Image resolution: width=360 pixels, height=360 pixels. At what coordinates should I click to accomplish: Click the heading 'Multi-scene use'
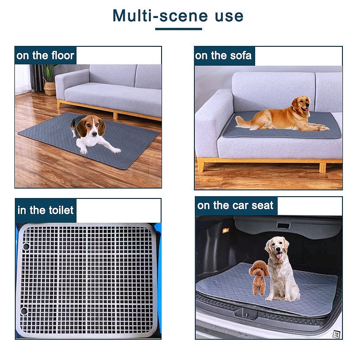click(x=178, y=15)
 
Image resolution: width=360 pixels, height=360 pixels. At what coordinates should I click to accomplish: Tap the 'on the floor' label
click(x=45, y=56)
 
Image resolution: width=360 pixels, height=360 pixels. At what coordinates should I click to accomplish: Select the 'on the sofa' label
click(x=223, y=56)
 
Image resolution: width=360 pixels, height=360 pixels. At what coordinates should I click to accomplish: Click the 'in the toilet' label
click(x=45, y=211)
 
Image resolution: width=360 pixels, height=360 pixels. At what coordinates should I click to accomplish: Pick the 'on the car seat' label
click(x=235, y=206)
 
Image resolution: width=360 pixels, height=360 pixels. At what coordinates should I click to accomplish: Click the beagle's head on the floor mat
click(x=92, y=128)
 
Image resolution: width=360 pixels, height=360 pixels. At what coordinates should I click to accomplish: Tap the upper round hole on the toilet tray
click(x=26, y=247)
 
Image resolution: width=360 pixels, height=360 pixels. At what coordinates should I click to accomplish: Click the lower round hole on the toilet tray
click(x=24, y=311)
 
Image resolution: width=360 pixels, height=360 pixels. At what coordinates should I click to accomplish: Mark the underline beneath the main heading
click(x=178, y=29)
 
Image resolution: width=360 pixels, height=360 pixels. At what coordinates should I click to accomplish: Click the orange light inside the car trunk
click(x=225, y=230)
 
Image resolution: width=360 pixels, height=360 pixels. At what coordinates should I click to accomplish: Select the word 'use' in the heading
click(x=229, y=16)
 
